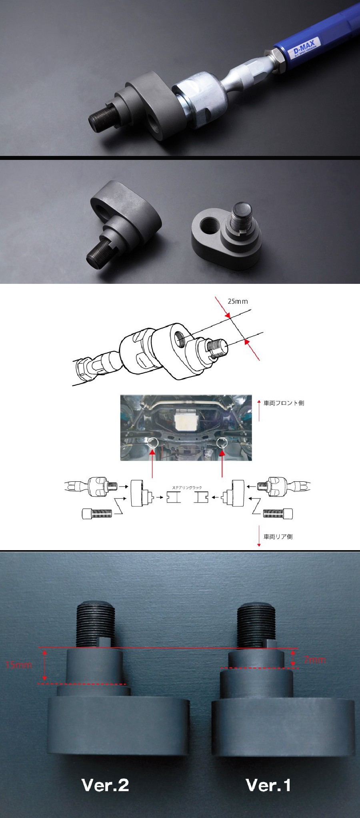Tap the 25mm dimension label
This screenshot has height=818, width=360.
238,301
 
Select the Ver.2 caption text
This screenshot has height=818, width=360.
105,785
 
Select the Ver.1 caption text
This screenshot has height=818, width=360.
268,785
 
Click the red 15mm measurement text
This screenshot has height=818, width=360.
19,665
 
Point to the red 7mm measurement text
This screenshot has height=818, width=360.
314,660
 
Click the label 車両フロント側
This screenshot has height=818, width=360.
284,403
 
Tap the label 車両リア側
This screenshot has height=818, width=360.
278,537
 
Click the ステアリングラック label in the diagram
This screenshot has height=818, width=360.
187,488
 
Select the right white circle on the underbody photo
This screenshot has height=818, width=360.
221,443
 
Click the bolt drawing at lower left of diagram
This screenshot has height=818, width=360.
96,513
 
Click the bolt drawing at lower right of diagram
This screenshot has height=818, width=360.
278,513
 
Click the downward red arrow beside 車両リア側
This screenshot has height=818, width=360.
259,538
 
